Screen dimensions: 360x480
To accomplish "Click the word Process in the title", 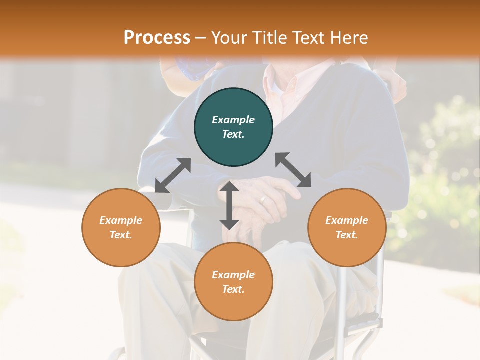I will point(157,38).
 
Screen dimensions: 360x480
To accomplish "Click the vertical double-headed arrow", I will point(229,205).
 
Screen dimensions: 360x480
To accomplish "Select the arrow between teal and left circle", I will point(173,175).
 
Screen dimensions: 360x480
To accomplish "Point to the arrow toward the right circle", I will point(293,170).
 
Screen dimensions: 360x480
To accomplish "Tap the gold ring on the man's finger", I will point(263,200).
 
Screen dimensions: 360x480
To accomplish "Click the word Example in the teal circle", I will point(233,120).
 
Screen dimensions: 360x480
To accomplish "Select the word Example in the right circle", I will point(347,220).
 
